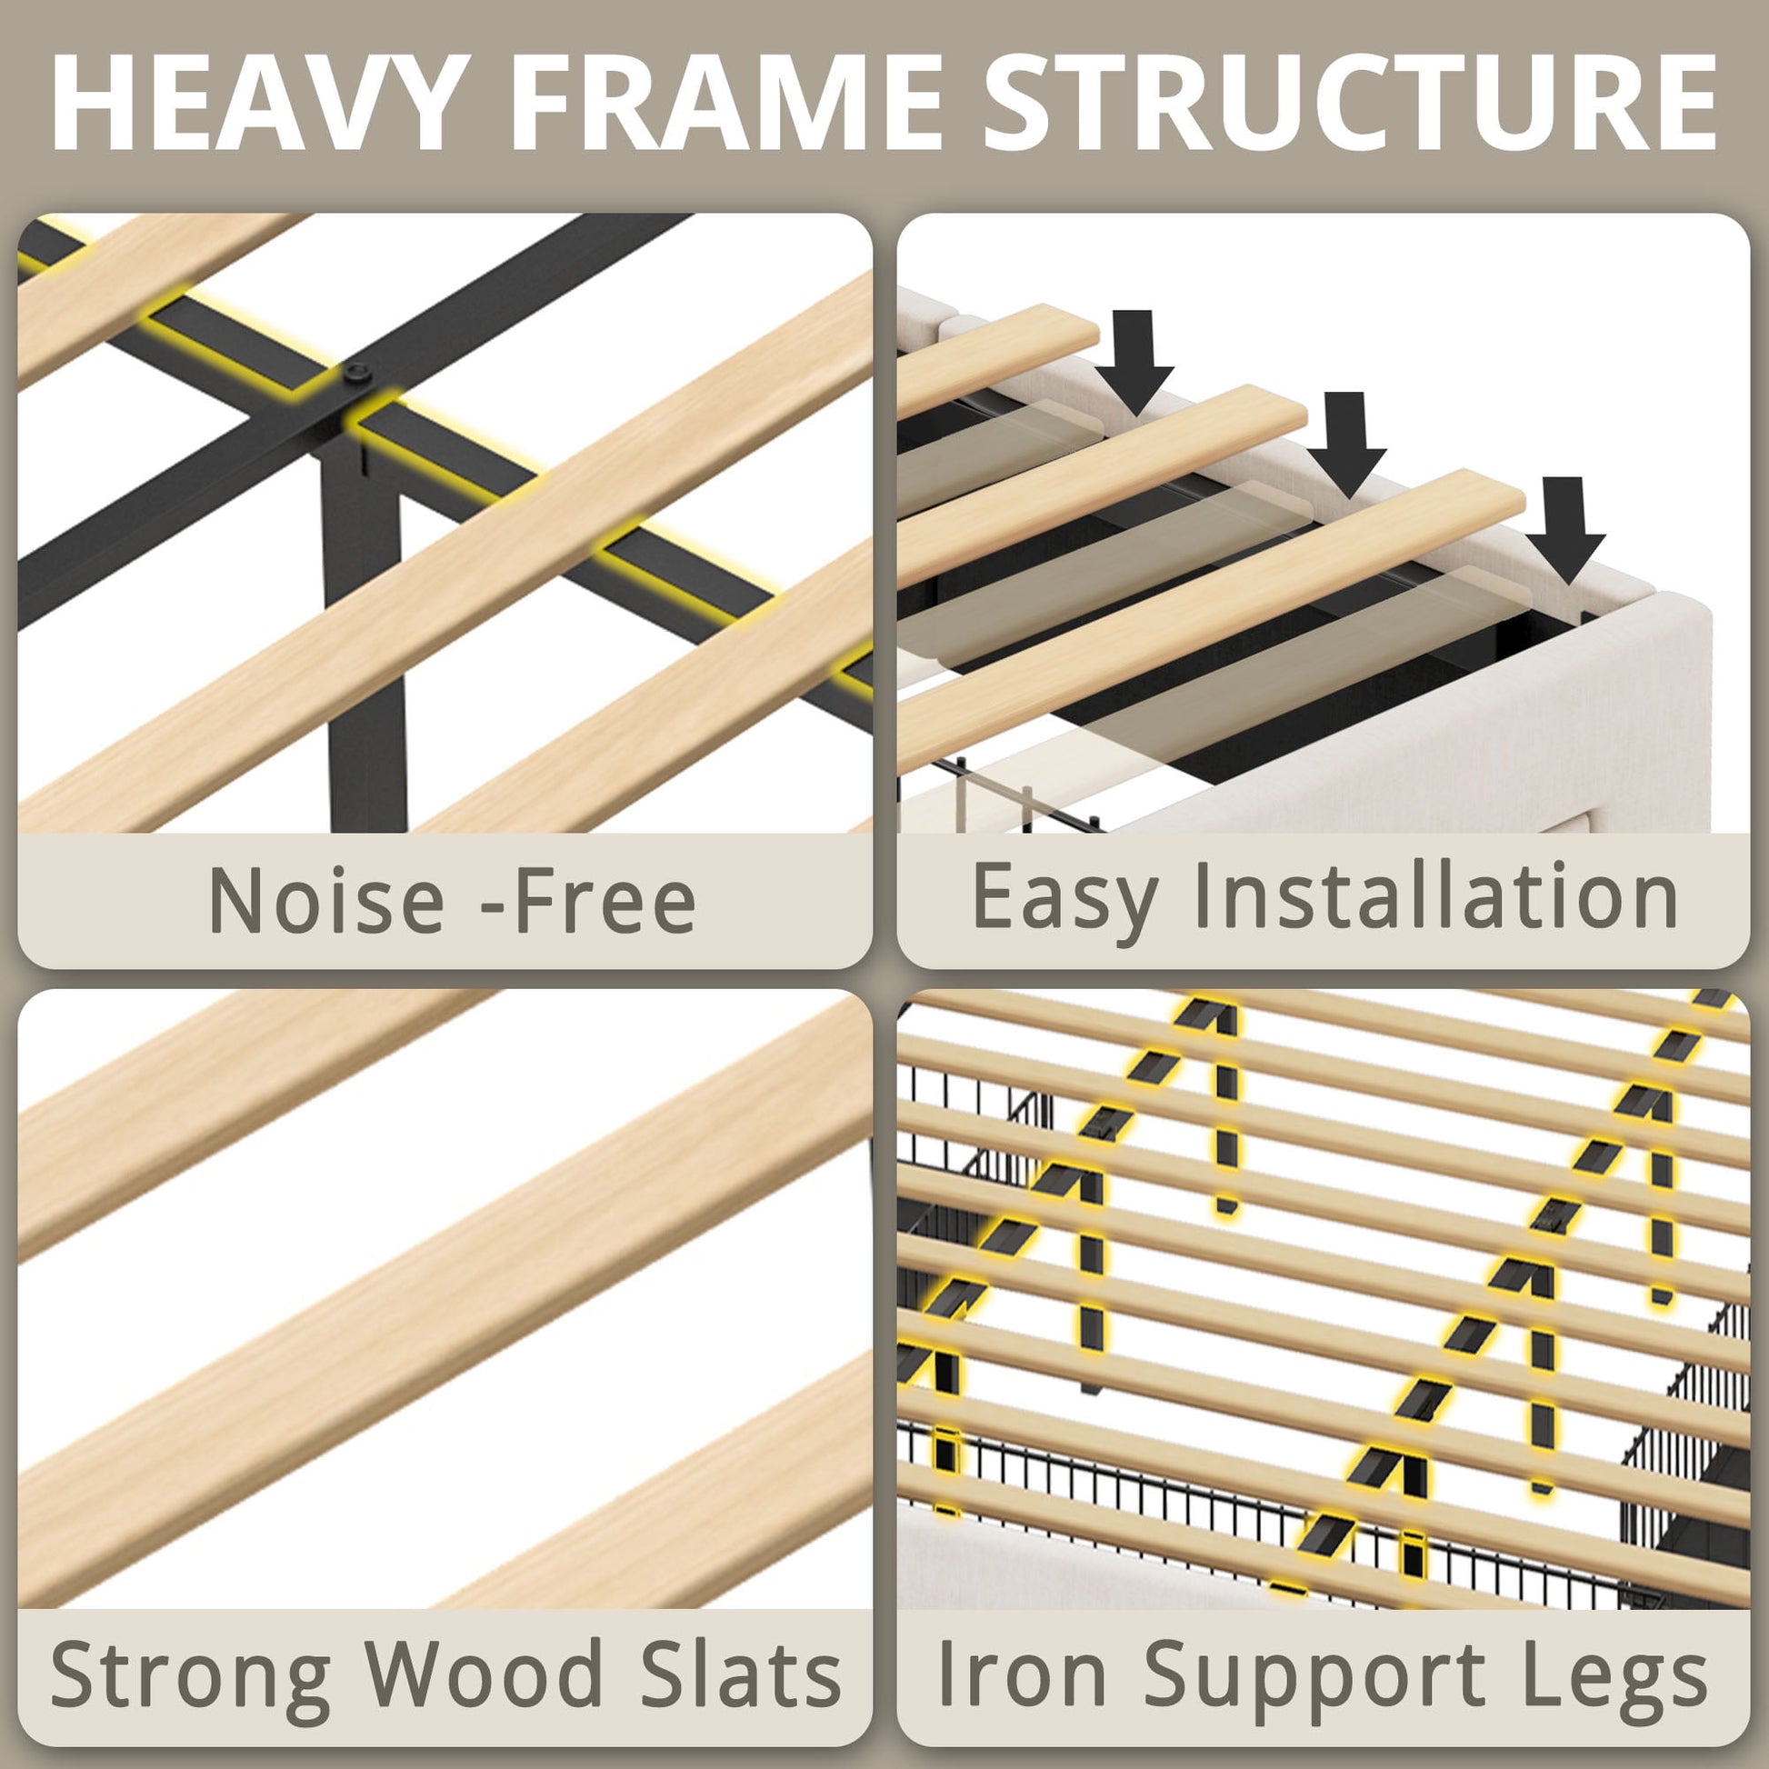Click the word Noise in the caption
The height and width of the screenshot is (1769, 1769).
pos(326,900)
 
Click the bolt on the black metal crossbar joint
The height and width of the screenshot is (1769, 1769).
pos(357,373)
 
